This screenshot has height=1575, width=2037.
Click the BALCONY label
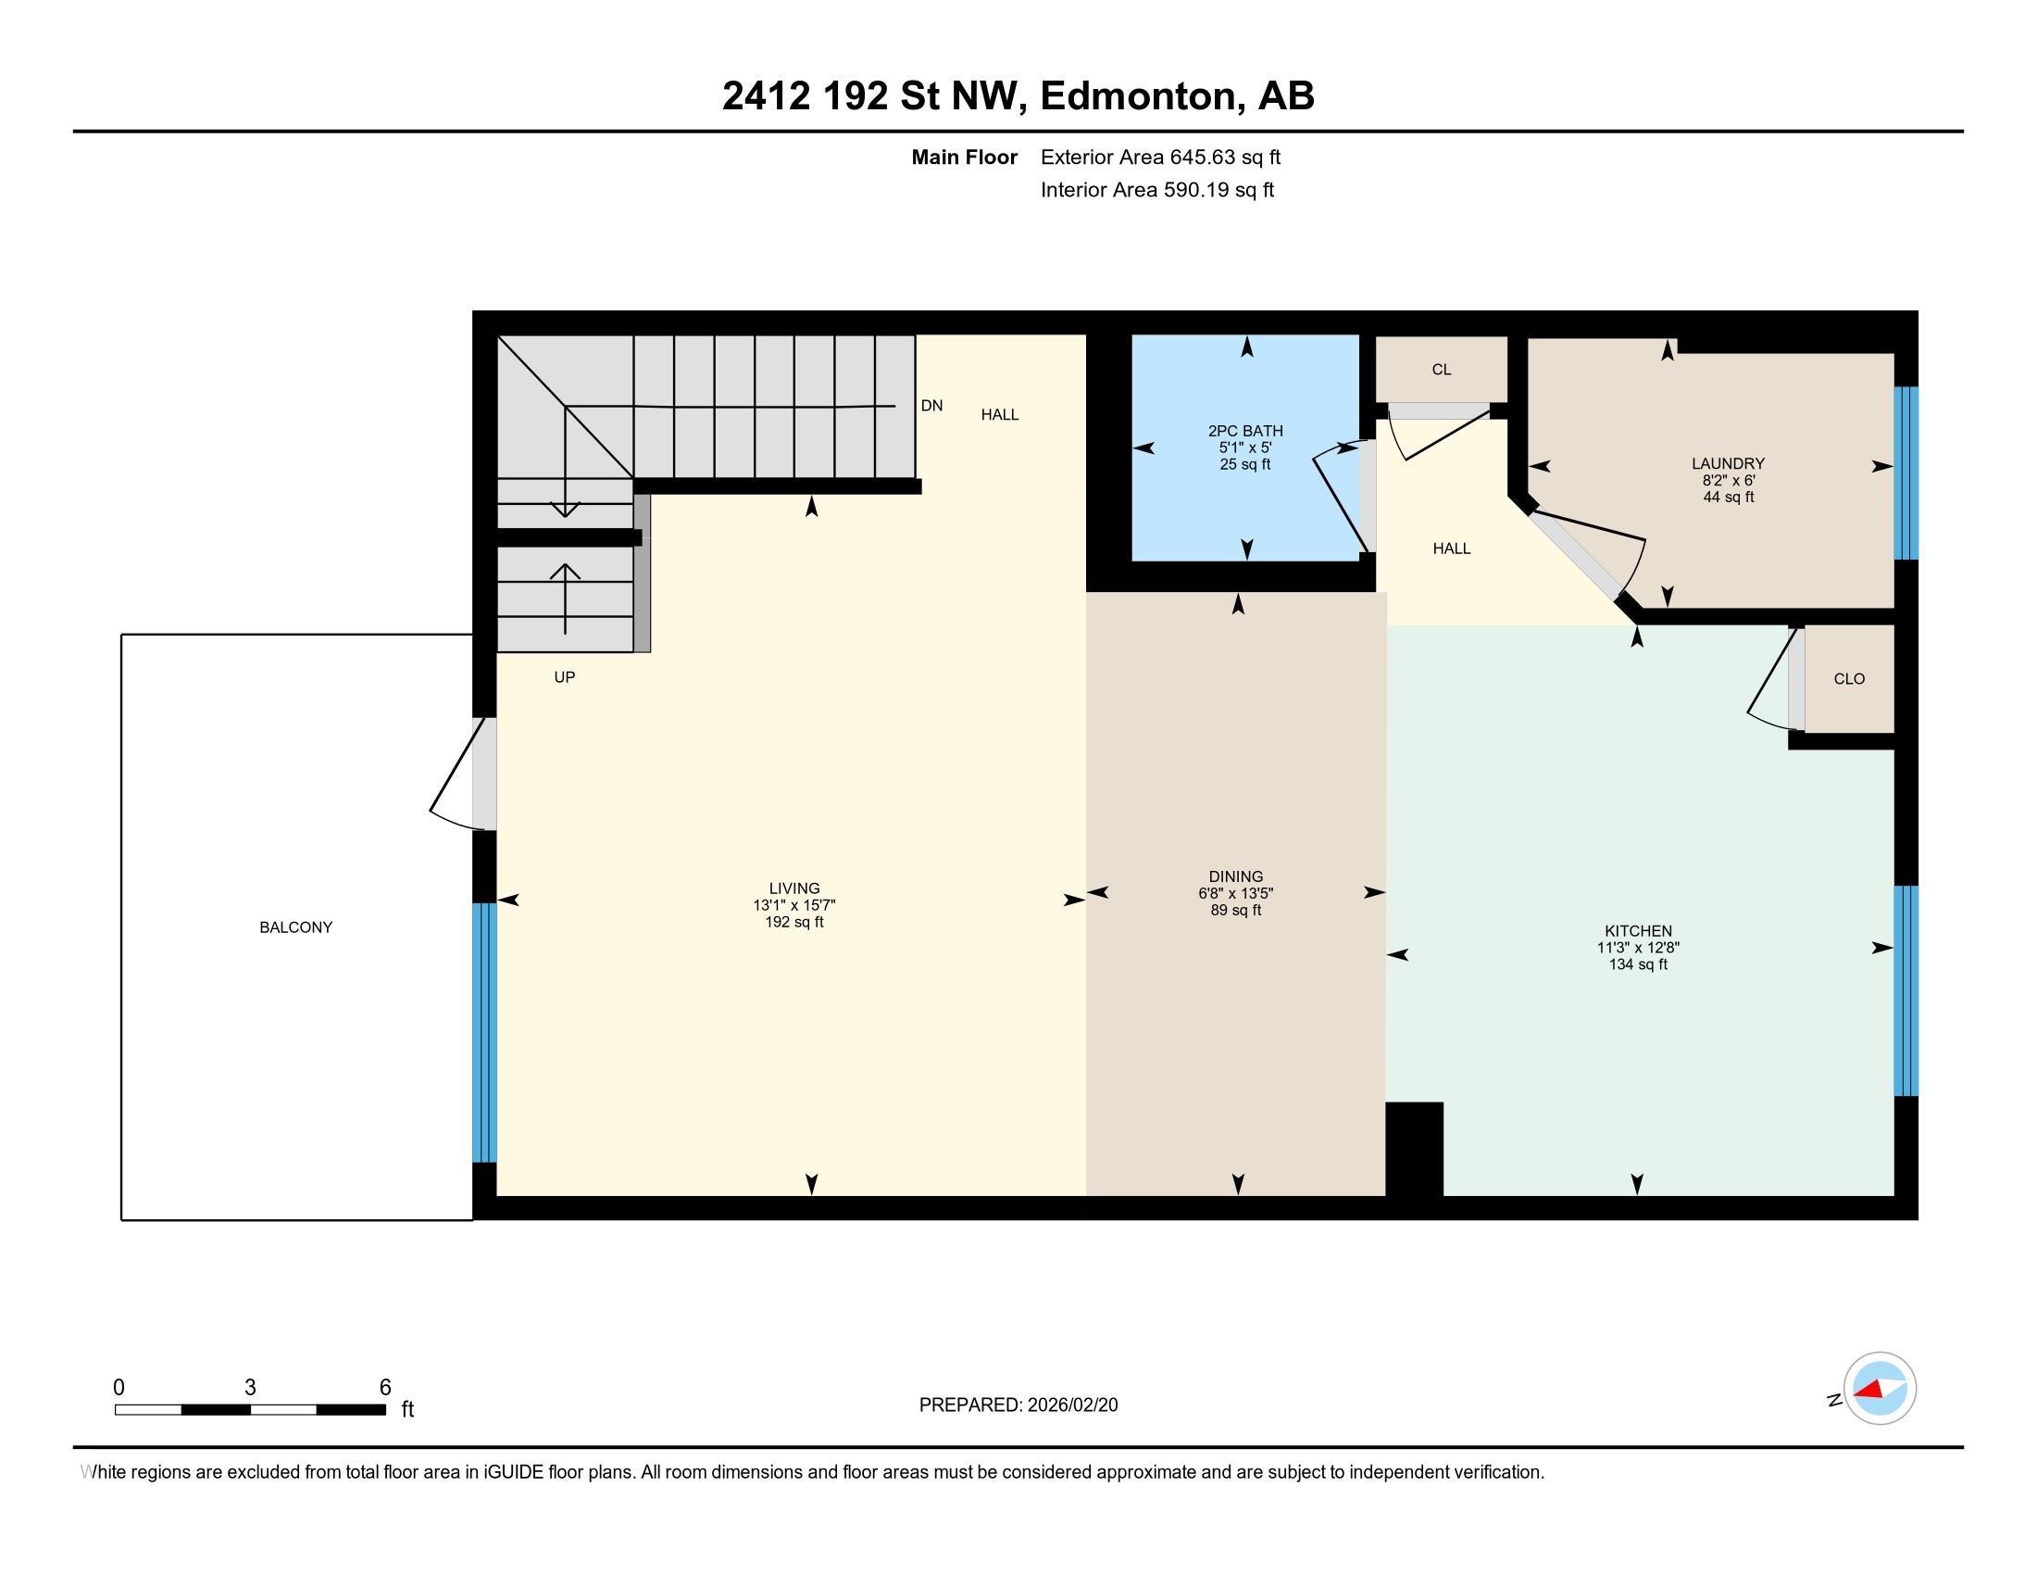point(295,926)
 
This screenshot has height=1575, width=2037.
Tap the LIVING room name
point(794,888)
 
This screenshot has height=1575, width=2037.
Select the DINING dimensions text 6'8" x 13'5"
point(1236,893)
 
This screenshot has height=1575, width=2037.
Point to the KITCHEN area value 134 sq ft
point(1638,964)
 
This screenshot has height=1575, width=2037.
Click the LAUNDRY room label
point(1729,463)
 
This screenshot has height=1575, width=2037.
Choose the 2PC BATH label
point(1245,430)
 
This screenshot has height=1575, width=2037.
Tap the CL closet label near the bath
point(1441,370)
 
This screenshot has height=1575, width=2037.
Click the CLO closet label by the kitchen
point(1849,678)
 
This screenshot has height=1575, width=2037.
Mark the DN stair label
point(931,405)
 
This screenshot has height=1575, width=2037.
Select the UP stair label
point(564,676)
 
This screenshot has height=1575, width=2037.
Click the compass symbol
point(1880,1389)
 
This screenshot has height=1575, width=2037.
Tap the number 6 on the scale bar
point(384,1388)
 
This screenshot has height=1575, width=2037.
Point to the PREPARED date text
point(1018,1405)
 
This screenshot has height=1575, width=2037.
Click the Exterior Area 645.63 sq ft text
point(1160,157)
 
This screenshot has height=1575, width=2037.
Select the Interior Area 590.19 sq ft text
point(1157,189)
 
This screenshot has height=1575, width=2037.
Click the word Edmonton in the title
point(1143,95)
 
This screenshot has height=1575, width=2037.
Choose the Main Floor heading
point(965,157)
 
